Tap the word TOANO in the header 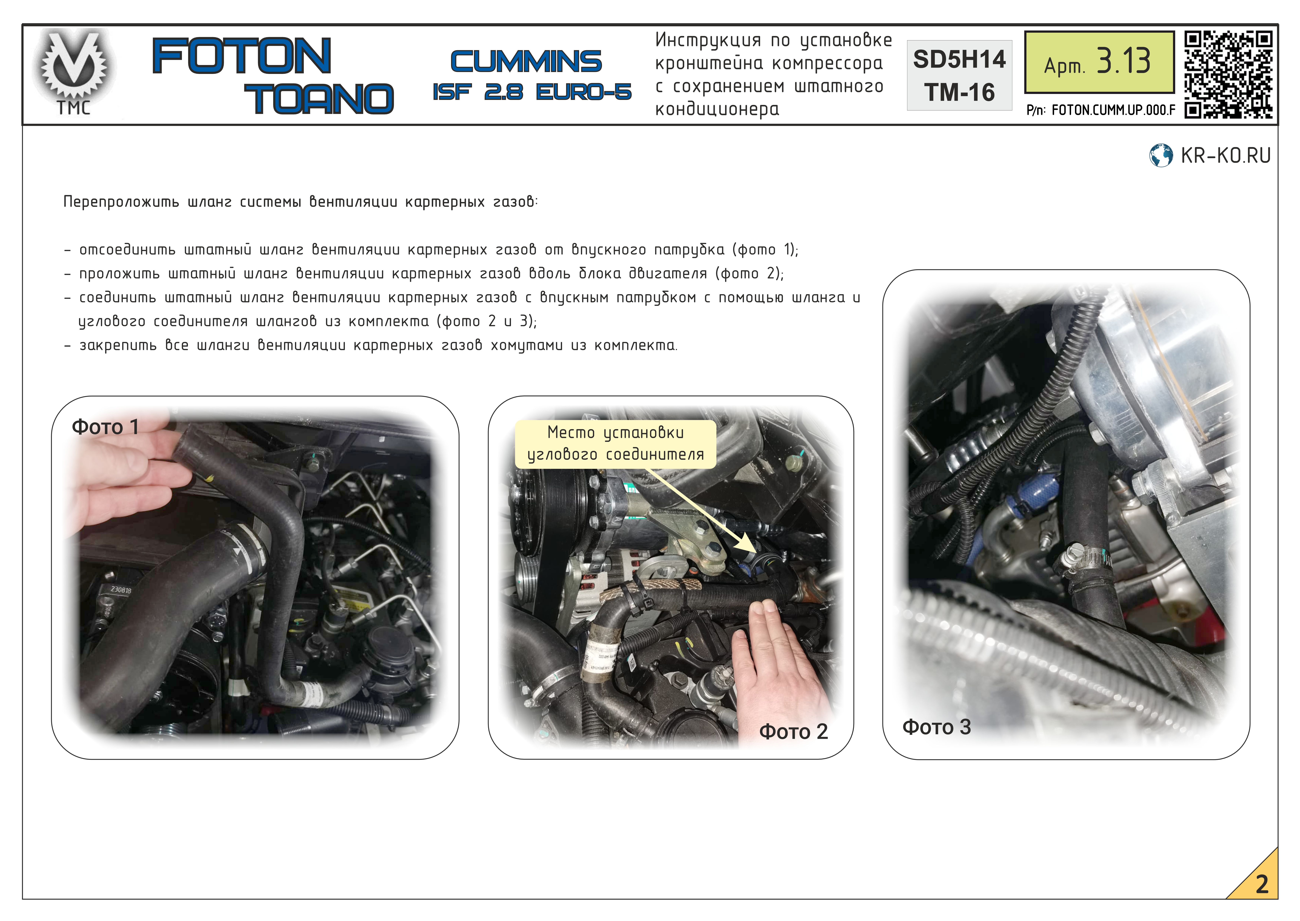click(319, 99)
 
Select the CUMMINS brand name click(526, 61)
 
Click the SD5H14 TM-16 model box click(959, 75)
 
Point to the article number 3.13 click(1124, 61)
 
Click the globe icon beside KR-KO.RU click(1161, 155)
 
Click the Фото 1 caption click(105, 427)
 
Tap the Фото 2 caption click(793, 732)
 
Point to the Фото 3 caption click(936, 727)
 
